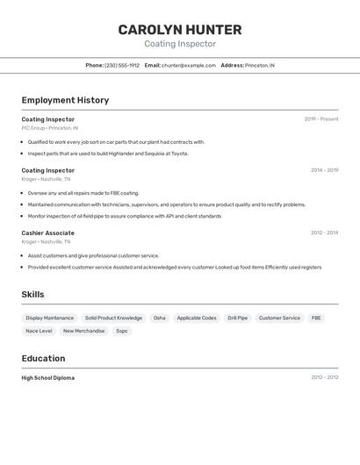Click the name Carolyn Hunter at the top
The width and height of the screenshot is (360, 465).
180,30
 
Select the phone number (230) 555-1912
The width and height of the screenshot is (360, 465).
122,65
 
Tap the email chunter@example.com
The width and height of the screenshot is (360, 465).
189,65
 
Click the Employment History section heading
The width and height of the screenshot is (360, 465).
65,100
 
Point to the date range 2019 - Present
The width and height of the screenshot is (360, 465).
321,119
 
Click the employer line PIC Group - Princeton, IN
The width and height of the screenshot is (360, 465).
50,128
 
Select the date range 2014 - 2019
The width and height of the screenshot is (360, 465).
324,170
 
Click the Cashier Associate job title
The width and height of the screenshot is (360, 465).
47,232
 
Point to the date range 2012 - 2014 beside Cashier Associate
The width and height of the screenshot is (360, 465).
324,232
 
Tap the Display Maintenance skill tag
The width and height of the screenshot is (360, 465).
50,318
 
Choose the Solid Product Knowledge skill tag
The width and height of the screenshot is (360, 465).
113,318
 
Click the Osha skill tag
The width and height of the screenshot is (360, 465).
159,318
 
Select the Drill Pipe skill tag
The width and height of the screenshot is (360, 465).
238,318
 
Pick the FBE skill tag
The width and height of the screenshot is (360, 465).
316,318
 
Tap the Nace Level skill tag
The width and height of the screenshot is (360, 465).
39,331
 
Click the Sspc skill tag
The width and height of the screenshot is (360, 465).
122,331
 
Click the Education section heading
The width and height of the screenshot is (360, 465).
43,358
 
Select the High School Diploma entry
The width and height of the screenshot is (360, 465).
48,378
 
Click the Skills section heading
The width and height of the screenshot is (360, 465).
32,295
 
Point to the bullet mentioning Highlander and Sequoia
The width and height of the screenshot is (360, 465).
108,154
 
